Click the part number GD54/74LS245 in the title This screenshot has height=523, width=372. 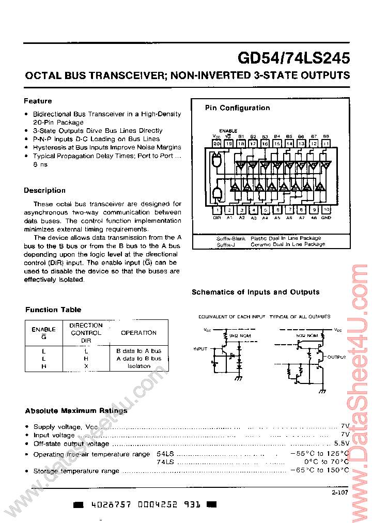click(293, 57)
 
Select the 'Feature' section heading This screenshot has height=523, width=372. click(38, 101)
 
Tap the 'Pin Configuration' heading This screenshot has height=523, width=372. click(237, 108)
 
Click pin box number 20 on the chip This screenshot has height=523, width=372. click(216, 143)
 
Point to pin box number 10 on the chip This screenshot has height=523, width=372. click(326, 210)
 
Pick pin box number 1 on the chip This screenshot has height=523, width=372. click(217, 210)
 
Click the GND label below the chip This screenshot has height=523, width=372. click(326, 218)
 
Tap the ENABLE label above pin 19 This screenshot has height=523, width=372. click(228, 131)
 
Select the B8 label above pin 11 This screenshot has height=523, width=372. click(326, 136)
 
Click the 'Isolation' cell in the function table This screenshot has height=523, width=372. click(139, 366)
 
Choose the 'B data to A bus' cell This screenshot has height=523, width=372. click(139, 350)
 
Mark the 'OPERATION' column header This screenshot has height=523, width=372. click(138, 333)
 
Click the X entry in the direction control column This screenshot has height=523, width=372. click(86, 366)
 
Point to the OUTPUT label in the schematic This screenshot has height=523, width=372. click(336, 357)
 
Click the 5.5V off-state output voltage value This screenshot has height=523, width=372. click(342, 443)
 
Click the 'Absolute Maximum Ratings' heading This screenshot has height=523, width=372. click(76, 411)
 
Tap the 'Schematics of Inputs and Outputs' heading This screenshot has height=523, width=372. click(255, 292)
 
